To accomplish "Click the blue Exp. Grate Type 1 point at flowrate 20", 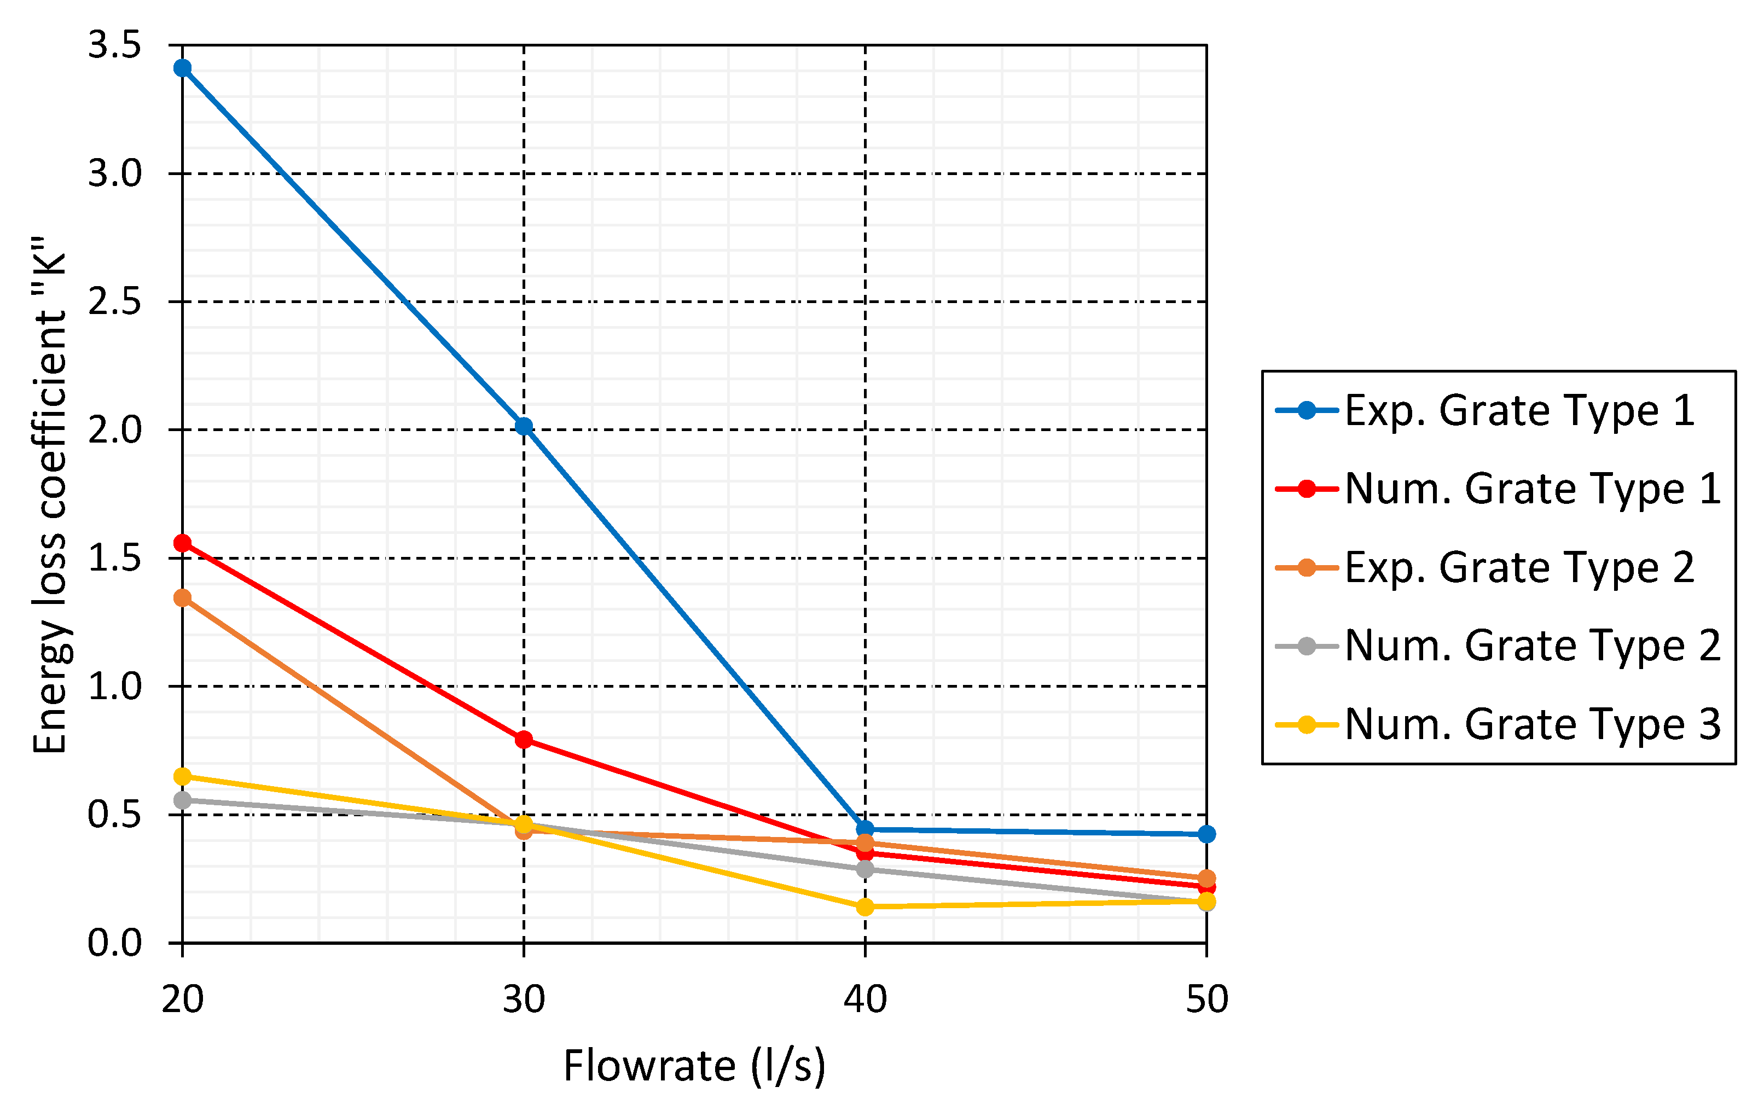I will (182, 68).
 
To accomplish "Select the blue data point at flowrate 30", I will (524, 426).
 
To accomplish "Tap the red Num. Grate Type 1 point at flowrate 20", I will (182, 543).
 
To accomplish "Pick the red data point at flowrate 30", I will (524, 739).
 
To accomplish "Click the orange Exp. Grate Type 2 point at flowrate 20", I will (182, 598).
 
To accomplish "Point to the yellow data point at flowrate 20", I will (182, 776).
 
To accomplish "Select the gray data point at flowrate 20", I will (182, 800).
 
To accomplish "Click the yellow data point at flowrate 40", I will (865, 907).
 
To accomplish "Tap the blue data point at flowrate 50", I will (1206, 834).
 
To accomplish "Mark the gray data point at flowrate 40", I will (865, 869).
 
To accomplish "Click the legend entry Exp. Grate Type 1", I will (1519, 410).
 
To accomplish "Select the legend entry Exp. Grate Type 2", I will (1519, 567).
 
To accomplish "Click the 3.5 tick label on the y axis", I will (114, 45).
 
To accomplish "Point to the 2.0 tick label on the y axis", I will (114, 430).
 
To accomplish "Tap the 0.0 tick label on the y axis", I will (114, 944).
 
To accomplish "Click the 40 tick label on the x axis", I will (865, 999).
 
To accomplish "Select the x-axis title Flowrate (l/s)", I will (694, 1066).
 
